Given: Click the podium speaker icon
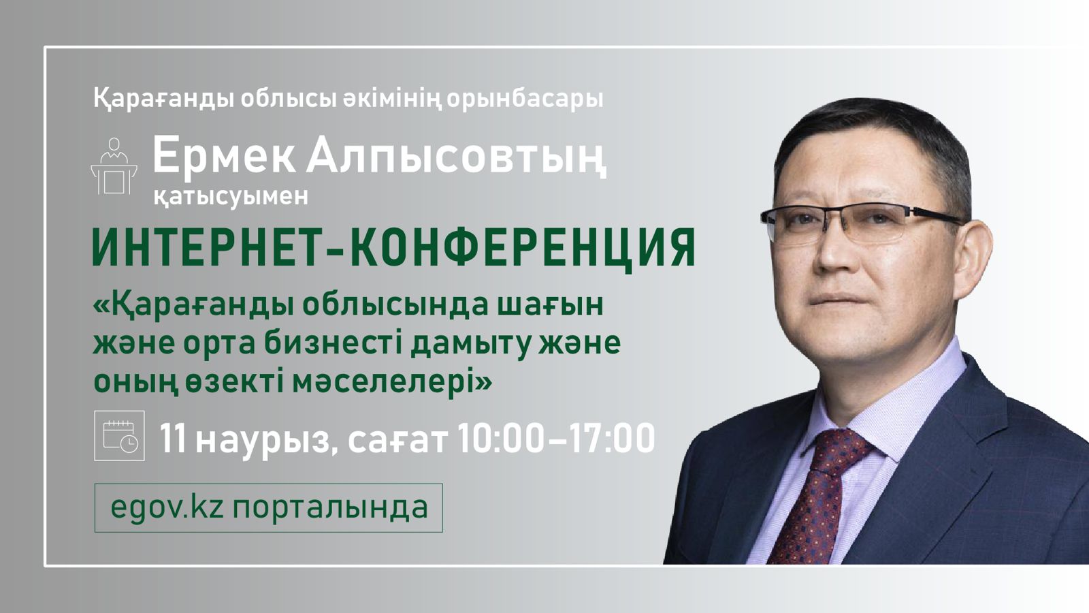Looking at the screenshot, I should pos(114,166).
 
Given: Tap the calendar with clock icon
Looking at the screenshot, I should pos(119,435).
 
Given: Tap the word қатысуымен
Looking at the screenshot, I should pos(231,196).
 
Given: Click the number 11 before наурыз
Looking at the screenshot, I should pos(174,438).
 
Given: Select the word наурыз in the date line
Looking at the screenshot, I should pos(261,440).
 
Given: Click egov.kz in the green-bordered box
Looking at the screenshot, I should pos(167,507).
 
